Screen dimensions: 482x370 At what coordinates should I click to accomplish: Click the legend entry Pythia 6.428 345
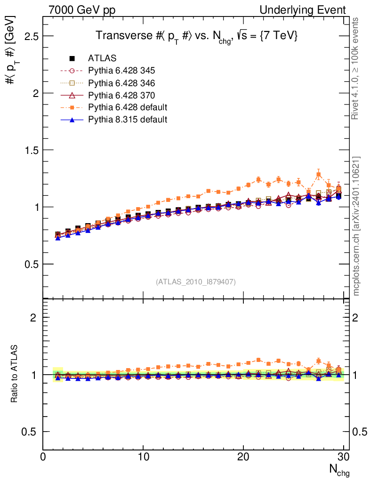pos(121,71)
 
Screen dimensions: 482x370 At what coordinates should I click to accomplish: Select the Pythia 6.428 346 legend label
pos(121,83)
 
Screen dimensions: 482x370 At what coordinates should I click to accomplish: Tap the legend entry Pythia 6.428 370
pos(121,95)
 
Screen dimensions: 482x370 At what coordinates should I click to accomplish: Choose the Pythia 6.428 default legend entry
pos(128,107)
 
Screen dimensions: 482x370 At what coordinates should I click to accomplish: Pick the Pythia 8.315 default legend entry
pos(128,120)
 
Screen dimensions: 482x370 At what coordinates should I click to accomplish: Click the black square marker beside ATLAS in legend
pos(72,58)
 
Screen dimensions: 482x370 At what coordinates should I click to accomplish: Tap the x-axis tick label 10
pos(143,457)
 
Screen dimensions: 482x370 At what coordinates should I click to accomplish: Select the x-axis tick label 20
pos(243,457)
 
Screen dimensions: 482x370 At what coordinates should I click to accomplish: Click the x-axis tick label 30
pos(344,457)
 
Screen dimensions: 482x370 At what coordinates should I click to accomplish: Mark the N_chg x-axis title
pos(338,470)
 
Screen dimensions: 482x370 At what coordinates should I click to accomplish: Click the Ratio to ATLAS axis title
pos(15,374)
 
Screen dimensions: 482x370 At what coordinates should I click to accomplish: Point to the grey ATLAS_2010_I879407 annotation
pos(196,281)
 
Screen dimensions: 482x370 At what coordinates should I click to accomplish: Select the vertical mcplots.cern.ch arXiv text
pos(357,226)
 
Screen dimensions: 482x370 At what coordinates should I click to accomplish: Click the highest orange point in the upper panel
pos(319,175)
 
